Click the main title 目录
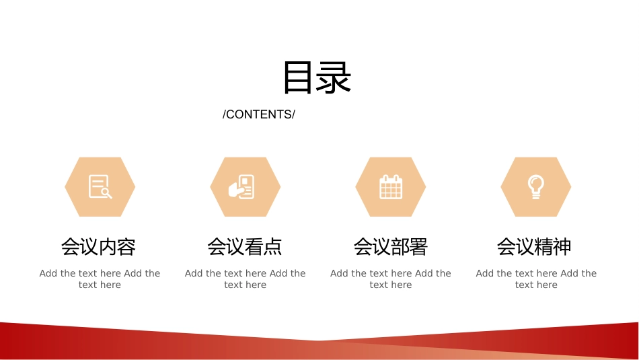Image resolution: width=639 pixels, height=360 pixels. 317,77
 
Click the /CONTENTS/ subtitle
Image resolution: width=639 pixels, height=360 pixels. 259,114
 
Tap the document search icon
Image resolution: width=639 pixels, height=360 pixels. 100,186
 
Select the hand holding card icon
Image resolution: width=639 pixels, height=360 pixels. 241,186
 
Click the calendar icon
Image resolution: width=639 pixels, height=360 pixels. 391,186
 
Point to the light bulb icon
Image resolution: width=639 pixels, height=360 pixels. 536,186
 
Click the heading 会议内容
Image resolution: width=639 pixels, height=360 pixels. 99,247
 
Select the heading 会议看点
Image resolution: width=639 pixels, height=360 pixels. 245,247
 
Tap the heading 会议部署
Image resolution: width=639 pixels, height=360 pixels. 390,247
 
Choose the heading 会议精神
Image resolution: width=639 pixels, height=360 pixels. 534,247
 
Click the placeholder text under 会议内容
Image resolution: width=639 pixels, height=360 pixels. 100,279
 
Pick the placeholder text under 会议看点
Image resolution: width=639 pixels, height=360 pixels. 246,279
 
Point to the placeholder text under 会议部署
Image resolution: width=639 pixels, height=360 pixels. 391,279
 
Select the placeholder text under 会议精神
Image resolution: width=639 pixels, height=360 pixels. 536,279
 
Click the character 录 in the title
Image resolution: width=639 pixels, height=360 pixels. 334,77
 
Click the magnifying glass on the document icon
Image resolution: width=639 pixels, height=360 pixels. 107,193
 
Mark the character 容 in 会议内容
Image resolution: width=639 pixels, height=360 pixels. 126,247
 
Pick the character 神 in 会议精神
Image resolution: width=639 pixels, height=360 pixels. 562,247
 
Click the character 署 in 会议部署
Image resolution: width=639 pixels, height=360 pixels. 418,247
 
